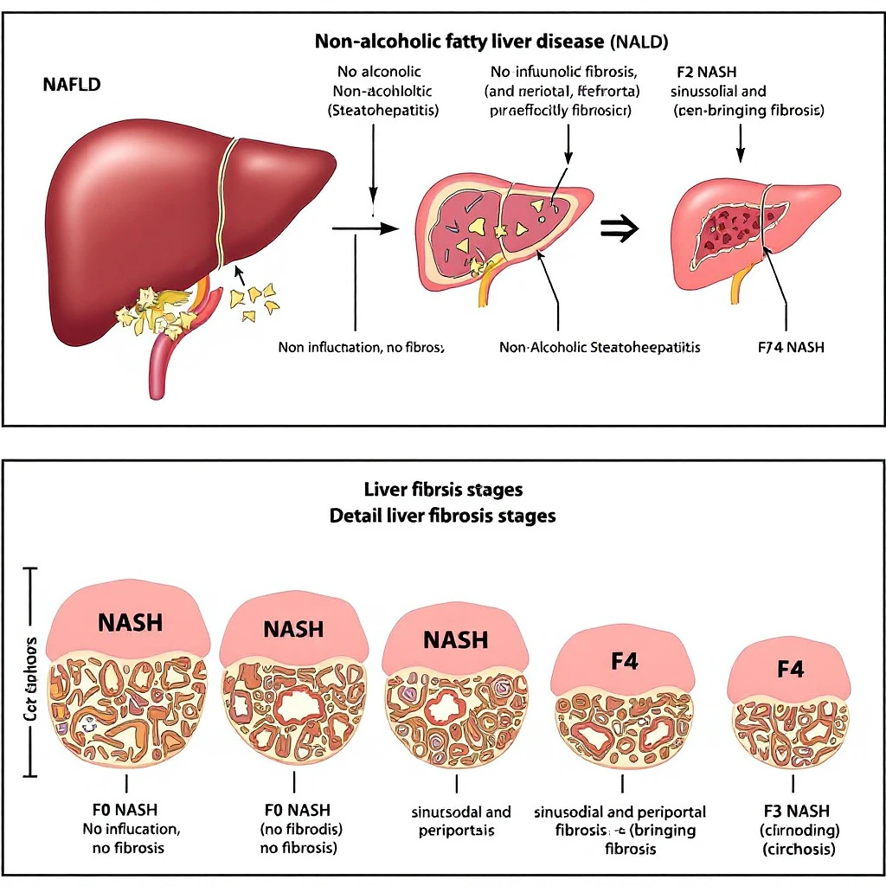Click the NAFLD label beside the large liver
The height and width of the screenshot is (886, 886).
[71, 85]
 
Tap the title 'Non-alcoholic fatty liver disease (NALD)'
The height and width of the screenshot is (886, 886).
[491, 41]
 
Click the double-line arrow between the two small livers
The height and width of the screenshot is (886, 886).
[620, 228]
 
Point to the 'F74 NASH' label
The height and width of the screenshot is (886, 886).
[790, 347]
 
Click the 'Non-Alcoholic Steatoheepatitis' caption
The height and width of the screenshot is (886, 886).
[600, 347]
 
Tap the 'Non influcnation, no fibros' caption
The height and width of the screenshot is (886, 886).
[361, 347]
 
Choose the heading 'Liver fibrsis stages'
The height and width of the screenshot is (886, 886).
[443, 490]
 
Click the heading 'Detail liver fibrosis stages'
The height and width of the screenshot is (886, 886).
[443, 516]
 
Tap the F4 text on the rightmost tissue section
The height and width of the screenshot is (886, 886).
[791, 669]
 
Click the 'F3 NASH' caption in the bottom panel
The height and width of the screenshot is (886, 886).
[797, 811]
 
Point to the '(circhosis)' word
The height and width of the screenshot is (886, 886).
[798, 849]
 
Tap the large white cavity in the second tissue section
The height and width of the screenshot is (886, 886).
[296, 705]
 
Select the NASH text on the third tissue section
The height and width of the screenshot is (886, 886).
[456, 640]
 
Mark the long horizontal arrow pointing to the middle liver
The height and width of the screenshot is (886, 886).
[364, 228]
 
